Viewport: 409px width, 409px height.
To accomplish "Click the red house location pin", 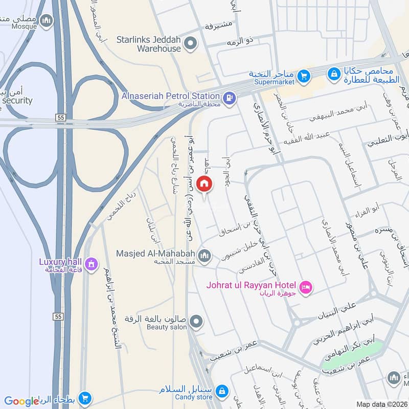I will (x=204, y=185).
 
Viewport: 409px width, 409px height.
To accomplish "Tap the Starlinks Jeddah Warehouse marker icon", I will (x=191, y=43).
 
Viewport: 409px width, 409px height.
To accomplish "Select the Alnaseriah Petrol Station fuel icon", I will (x=229, y=96).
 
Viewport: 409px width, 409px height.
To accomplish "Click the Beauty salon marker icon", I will (x=196, y=322).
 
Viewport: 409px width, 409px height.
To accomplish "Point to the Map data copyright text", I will (x=381, y=404).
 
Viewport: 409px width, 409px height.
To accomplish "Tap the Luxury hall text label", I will (x=60, y=261).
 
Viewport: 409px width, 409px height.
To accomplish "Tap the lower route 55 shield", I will (x=58, y=317).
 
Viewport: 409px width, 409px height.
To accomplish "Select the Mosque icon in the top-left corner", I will (x=47, y=20).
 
